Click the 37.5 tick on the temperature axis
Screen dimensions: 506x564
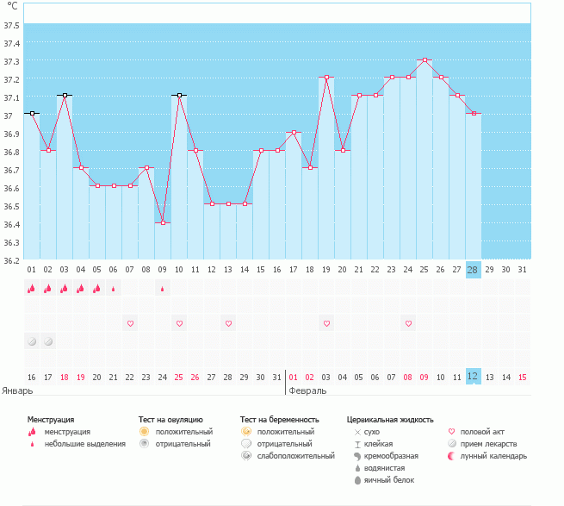click(11, 25)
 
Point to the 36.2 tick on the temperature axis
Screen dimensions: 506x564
click(11, 260)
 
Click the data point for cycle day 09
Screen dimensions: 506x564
click(163, 222)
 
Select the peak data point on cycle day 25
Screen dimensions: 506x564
click(425, 60)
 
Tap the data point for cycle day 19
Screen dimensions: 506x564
click(326, 78)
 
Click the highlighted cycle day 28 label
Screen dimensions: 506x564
click(473, 270)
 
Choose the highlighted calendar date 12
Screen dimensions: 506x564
click(473, 377)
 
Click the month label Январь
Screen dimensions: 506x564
click(18, 390)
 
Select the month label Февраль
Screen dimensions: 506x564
click(307, 390)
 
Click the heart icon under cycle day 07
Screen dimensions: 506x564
click(130, 323)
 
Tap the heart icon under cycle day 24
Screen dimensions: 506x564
click(409, 323)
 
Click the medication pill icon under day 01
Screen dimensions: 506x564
click(32, 340)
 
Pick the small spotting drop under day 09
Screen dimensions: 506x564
click(163, 289)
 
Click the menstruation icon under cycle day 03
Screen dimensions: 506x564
click(65, 289)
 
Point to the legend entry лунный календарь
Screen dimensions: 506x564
click(493, 455)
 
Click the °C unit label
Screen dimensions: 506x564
click(11, 7)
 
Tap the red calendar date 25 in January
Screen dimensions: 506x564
click(179, 377)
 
